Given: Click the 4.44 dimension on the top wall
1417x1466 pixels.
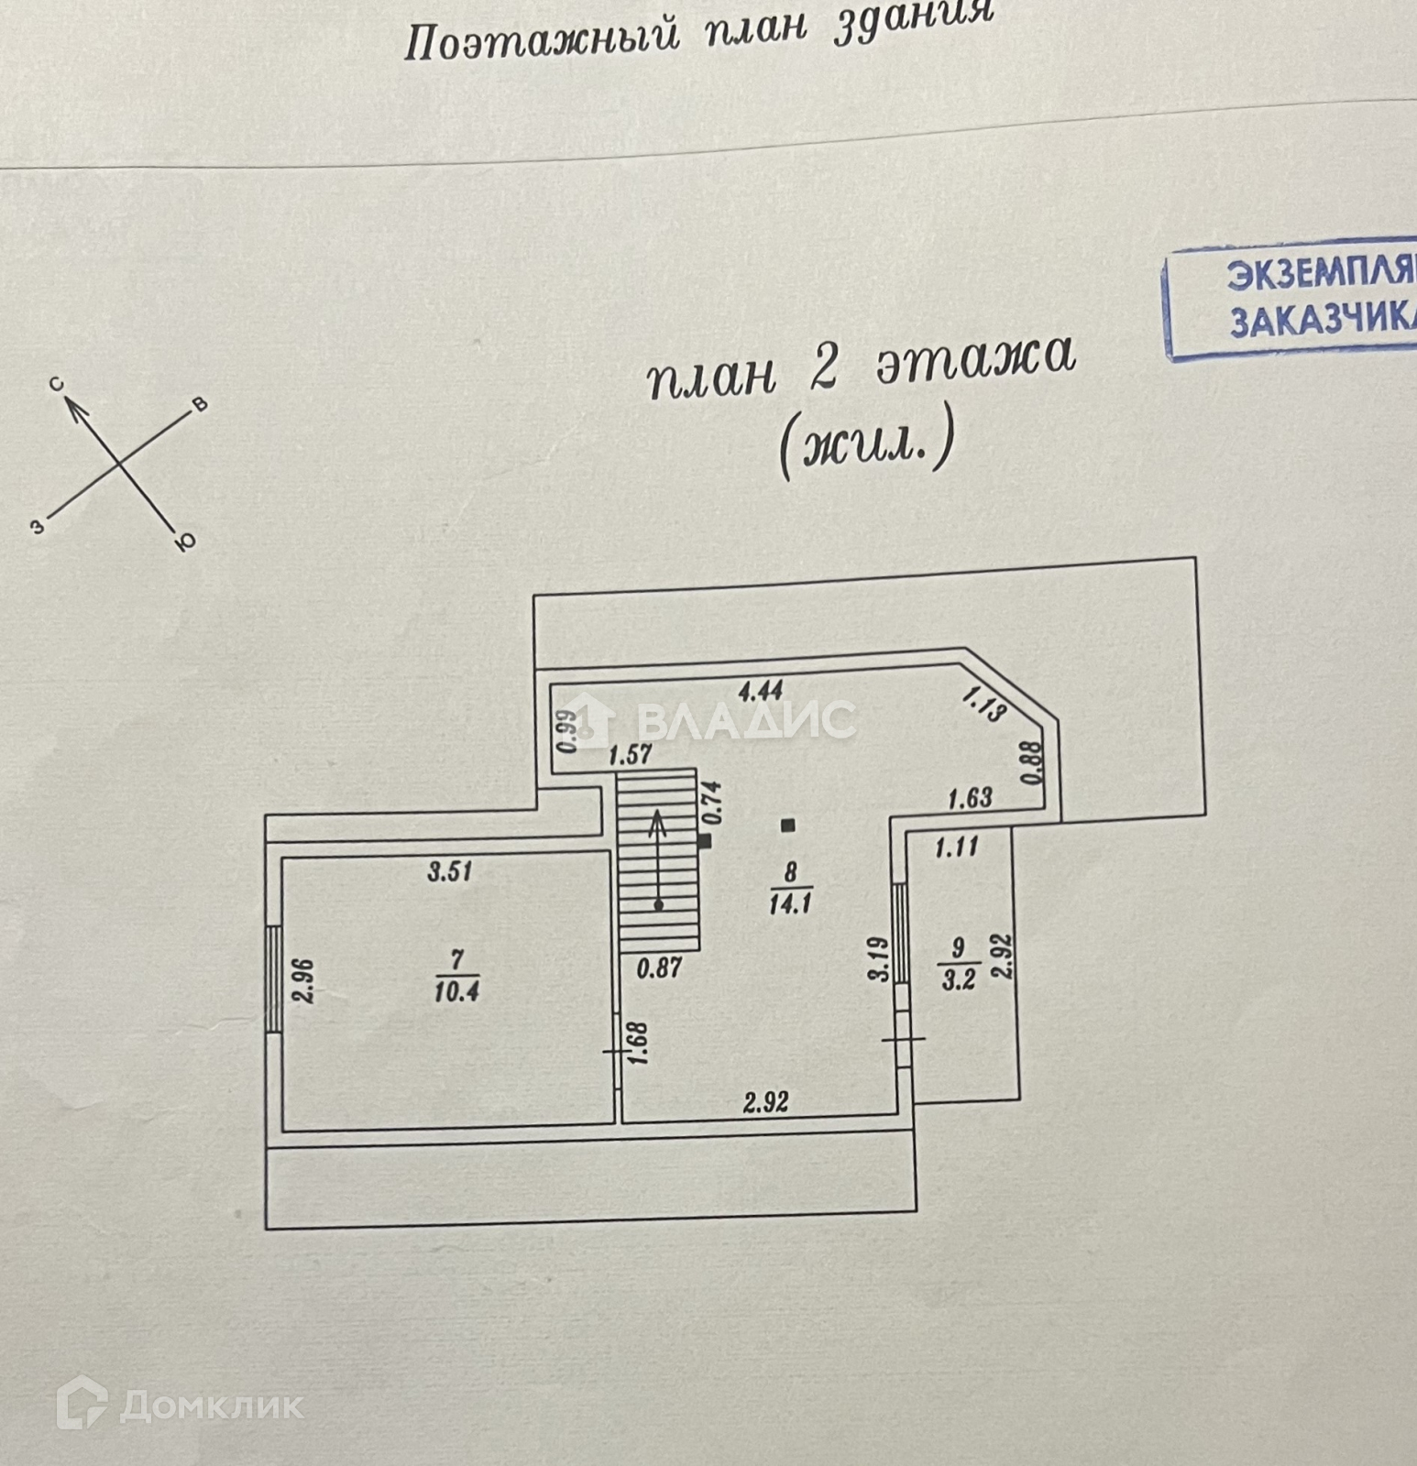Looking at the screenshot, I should pos(760,689).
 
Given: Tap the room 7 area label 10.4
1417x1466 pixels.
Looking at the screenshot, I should pos(456,991).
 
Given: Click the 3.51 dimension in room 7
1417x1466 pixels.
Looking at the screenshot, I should pos(449,870).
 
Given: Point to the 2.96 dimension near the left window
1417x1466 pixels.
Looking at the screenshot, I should pos(305,981).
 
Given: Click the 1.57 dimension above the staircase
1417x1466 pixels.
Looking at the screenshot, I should pos(631,755).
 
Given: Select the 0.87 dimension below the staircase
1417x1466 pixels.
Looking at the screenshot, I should pos(658,967).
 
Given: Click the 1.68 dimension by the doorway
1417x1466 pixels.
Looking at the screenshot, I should pos(640,1043).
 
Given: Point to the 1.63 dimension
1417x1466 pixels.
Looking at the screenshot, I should pos(969,798).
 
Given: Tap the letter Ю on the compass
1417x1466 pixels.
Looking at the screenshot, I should pos(185,542).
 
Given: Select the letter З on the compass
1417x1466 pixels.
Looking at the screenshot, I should pos(37,527).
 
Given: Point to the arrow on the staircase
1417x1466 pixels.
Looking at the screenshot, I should pos(658,857).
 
